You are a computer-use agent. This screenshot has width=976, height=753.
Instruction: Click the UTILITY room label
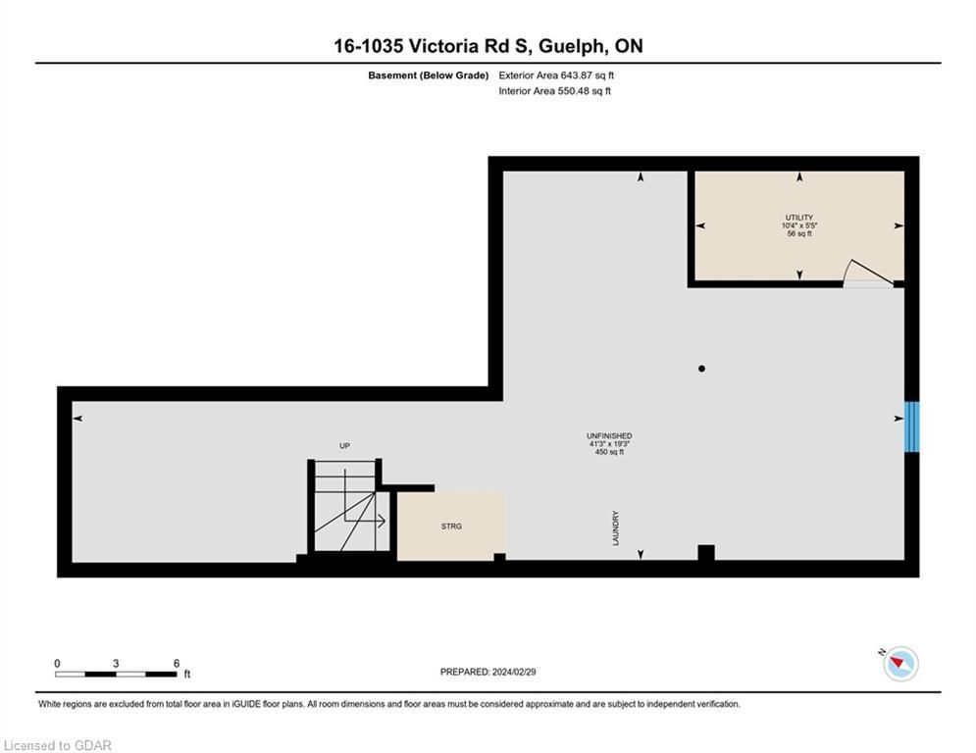799,218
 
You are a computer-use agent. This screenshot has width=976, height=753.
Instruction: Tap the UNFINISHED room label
609,436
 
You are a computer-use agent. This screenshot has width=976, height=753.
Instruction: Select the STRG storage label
451,527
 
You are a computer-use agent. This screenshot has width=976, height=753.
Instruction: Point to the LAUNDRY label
616,528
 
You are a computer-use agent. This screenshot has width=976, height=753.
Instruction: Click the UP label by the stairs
345,445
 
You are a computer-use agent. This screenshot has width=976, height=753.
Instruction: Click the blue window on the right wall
911,427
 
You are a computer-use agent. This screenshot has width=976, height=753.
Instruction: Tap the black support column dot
701,369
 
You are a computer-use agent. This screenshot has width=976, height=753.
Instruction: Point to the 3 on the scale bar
116,664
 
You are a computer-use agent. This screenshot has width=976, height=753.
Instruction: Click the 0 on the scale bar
57,664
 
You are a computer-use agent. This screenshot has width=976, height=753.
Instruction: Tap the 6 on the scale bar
177,664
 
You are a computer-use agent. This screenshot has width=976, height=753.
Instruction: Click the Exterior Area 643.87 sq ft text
556,75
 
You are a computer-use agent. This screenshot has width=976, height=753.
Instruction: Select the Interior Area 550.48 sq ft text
554,91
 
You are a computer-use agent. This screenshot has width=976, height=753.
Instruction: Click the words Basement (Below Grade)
429,75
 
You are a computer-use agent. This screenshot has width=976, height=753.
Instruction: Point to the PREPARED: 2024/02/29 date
488,672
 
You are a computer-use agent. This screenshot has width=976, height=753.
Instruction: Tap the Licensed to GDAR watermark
57,745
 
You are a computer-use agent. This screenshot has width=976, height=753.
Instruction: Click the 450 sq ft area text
609,452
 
